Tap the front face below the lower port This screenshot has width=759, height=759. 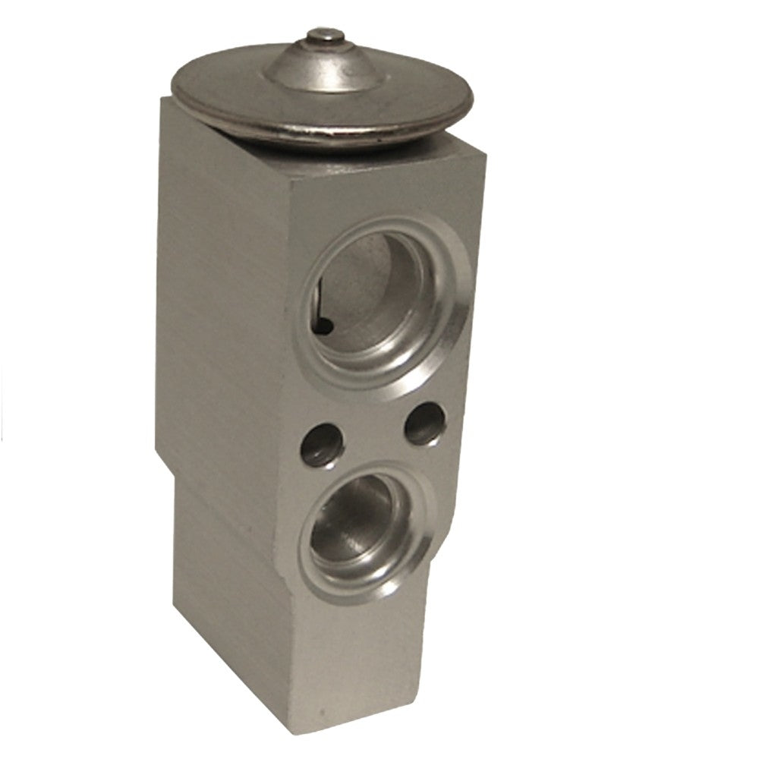pyautogui.click(x=357, y=645)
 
